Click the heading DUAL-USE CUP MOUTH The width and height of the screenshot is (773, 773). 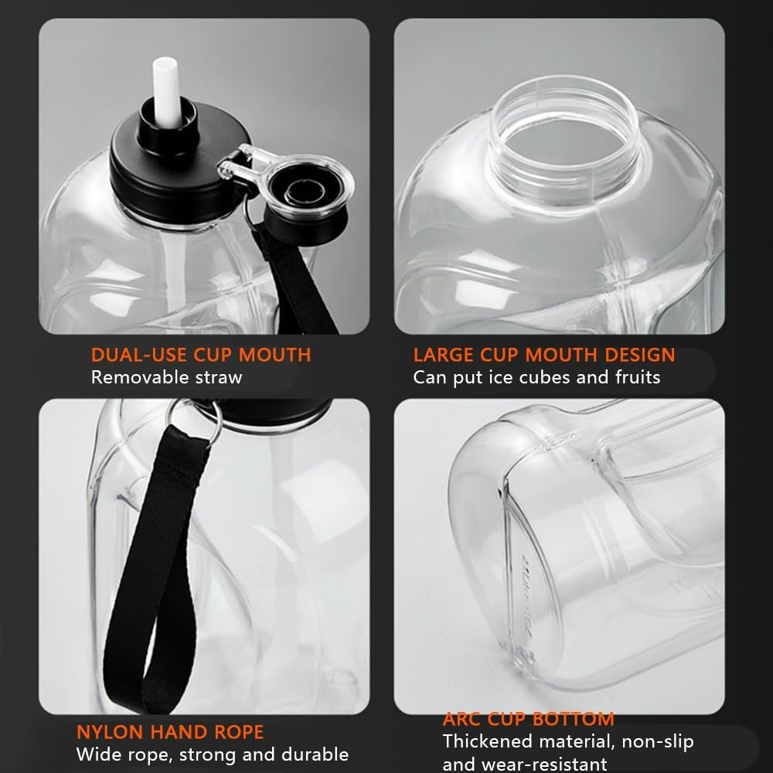(201, 355)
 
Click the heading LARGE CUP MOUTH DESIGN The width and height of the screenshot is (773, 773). (544, 355)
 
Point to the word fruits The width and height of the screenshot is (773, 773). (638, 377)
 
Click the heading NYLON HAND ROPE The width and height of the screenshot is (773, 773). (170, 732)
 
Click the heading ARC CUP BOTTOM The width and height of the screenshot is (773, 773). (529, 719)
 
